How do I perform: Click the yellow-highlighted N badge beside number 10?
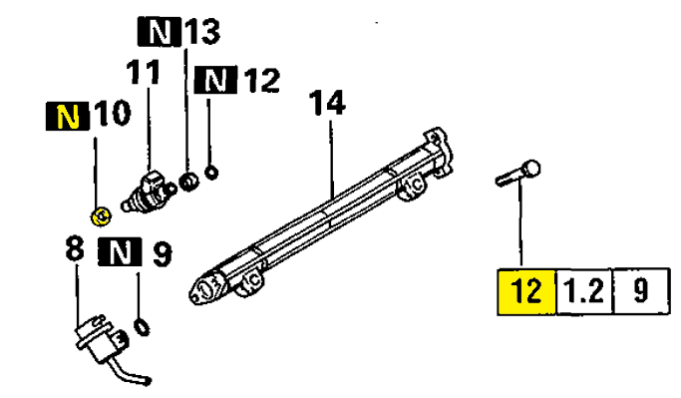(68, 117)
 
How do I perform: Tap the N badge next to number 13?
(159, 31)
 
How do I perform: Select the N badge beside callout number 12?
(215, 80)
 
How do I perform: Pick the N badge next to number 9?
(120, 251)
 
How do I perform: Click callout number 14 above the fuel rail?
(327, 103)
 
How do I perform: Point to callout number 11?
(144, 72)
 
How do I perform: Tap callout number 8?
(74, 249)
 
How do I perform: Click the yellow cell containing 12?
(526, 291)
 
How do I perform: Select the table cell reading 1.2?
(584, 291)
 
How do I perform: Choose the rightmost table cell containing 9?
(641, 291)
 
